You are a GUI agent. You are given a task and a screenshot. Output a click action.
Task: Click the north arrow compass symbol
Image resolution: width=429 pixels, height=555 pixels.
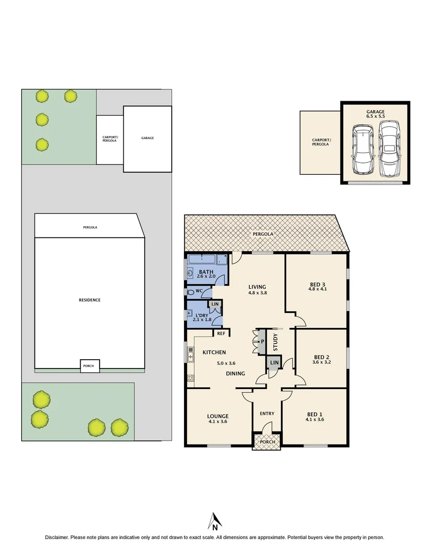[x=214, y=520]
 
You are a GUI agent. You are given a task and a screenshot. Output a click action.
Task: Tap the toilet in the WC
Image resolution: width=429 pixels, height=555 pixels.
[x=192, y=292]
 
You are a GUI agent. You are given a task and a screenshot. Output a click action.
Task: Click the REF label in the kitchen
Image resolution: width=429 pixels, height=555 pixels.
[x=221, y=334]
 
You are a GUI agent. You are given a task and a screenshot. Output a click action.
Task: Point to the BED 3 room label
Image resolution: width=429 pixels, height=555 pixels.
[x=317, y=284]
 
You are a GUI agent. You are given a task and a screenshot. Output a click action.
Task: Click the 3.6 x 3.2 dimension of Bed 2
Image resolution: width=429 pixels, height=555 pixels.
[x=321, y=362]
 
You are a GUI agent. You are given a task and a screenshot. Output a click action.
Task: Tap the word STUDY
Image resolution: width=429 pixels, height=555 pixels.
[x=275, y=342]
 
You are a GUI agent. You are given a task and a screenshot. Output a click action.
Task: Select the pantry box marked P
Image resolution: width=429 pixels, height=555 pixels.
[x=262, y=342]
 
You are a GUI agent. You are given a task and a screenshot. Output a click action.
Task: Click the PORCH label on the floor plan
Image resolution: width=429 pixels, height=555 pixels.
[x=267, y=442]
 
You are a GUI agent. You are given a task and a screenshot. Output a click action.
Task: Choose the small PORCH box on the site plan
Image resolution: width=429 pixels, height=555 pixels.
[x=90, y=366]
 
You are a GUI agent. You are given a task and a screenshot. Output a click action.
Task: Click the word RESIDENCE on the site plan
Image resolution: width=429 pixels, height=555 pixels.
[x=89, y=300]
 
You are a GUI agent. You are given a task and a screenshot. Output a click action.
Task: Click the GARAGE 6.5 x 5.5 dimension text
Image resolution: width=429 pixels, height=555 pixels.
[x=375, y=117]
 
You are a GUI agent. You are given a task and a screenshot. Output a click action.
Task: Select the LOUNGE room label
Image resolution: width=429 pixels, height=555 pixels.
[x=217, y=416]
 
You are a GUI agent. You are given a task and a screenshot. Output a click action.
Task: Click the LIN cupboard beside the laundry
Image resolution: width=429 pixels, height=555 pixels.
[x=215, y=305]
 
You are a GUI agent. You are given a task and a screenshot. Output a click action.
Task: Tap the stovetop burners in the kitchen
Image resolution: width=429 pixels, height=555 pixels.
[x=190, y=378]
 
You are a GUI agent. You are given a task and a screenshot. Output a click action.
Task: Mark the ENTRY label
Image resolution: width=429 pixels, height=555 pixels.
[x=267, y=414]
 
